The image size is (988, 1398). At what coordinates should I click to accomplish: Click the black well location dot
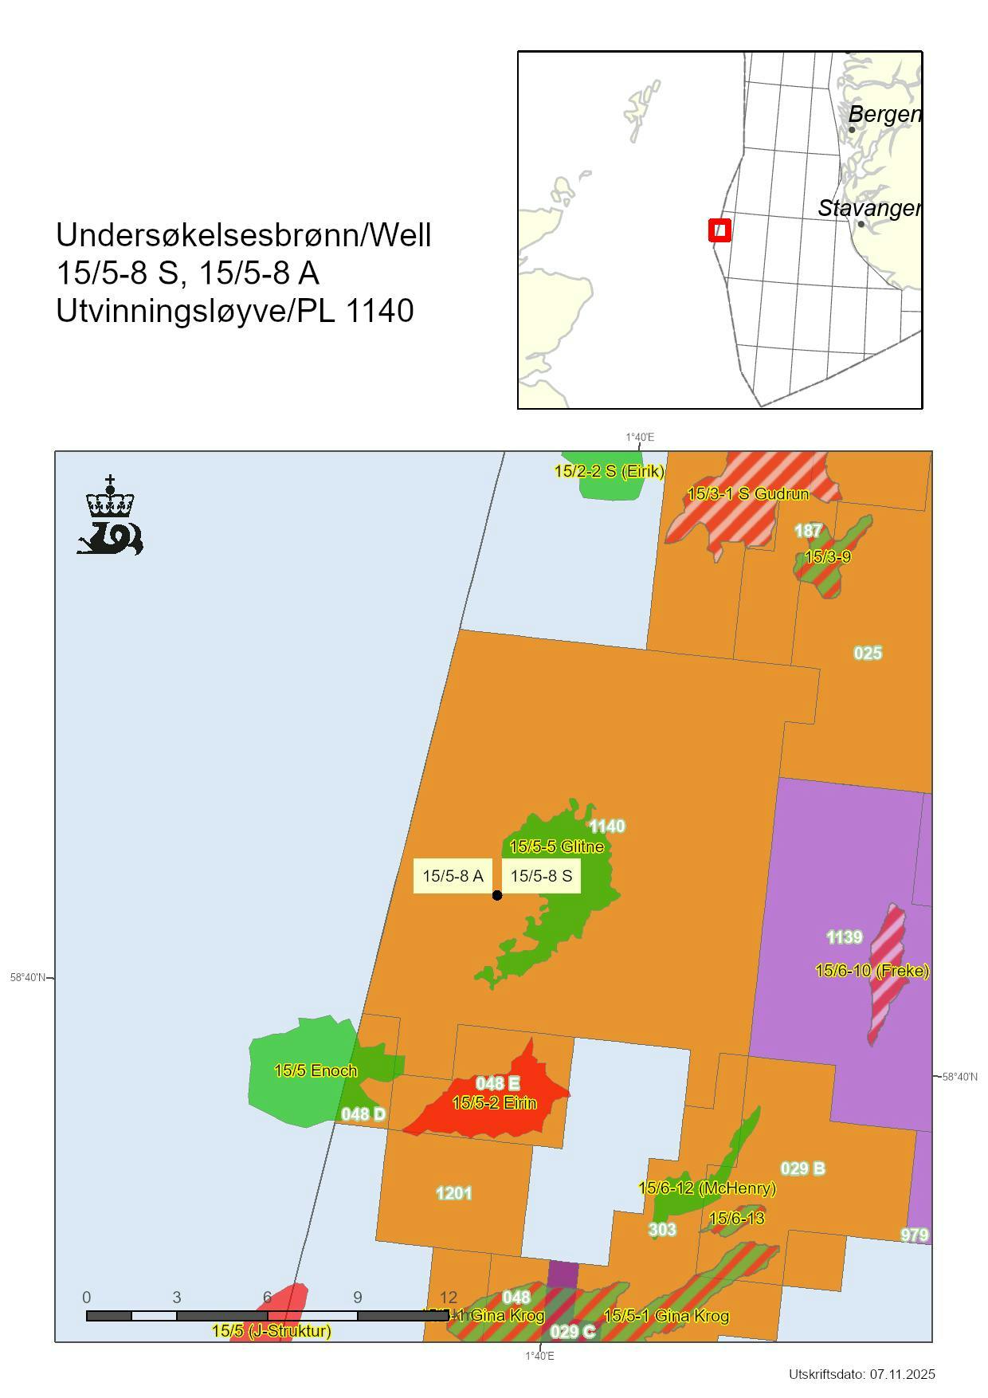point(497,895)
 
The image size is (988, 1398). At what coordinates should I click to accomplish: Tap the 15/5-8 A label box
point(453,876)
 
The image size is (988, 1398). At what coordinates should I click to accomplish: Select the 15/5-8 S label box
point(541,876)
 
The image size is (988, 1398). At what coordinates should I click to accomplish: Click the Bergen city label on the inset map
point(884,114)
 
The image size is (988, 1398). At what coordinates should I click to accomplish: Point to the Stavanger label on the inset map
point(869,209)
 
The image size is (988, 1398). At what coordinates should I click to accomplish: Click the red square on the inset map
point(719,231)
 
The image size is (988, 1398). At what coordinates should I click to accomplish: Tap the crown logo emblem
point(110,516)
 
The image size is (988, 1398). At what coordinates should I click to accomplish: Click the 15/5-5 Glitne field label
point(556,846)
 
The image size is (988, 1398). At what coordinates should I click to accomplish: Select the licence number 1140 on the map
point(606,827)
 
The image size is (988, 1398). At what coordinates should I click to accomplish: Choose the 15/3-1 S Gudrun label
point(747,494)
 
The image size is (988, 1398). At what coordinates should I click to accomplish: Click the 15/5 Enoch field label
point(316,1070)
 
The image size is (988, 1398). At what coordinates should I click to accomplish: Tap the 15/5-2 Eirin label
point(494,1103)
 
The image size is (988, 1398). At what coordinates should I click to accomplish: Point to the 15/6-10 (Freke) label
point(872,971)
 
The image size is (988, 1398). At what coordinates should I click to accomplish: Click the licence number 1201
point(453,1193)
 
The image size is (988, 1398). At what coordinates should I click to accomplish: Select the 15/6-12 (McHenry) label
point(707,1188)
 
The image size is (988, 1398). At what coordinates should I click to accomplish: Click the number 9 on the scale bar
point(358,1298)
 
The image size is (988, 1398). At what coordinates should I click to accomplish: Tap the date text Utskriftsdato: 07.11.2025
point(861,1374)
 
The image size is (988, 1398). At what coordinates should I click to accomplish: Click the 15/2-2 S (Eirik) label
point(610,471)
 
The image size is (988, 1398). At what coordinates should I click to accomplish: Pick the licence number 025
point(868,654)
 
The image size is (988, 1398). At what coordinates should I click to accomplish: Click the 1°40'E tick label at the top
point(639,438)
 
